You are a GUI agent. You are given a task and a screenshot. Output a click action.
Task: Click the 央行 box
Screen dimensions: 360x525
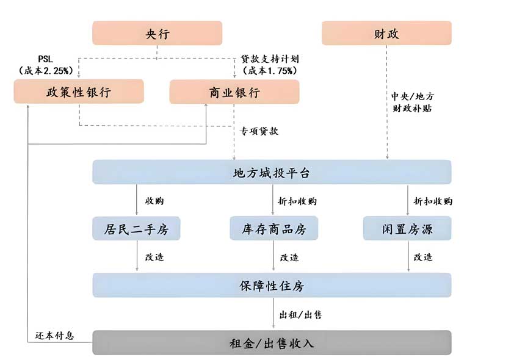click(157, 33)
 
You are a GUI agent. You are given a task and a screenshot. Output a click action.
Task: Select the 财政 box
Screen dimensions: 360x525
click(386, 33)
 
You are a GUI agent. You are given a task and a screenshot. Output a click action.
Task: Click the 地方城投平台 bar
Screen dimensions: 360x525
click(272, 173)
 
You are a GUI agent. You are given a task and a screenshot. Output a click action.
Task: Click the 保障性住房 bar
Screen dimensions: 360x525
click(272, 286)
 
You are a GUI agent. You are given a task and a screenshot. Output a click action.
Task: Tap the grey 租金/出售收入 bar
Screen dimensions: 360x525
click(272, 343)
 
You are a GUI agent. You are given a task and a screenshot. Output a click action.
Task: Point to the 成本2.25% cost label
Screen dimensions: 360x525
click(46, 71)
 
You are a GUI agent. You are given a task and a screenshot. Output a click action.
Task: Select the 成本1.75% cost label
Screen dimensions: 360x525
click(270, 71)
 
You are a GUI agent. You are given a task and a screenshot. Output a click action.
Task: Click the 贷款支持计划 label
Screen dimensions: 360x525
click(269, 60)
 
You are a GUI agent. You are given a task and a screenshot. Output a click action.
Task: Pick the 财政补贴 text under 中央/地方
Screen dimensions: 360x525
click(413, 109)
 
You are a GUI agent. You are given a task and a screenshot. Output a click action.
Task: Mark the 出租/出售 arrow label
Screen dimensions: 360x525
click(300, 315)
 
